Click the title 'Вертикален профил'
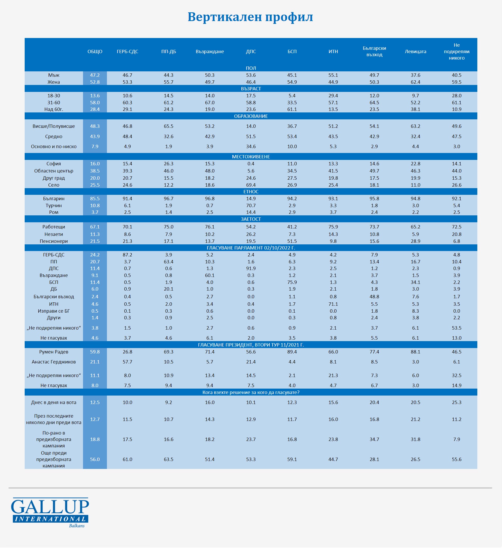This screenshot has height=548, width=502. tap(250, 17)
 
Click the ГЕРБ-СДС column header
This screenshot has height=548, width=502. tap(127, 52)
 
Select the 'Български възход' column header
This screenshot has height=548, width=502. tap(374, 51)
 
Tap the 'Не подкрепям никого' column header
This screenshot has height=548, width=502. tap(457, 52)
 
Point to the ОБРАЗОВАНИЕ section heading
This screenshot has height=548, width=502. tap(251, 116)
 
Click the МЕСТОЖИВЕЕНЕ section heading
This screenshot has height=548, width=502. tap(251, 157)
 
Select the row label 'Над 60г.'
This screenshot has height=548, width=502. tap(54, 109)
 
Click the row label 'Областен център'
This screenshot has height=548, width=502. tap(54, 171)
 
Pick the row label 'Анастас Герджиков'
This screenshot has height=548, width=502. tap(54, 362)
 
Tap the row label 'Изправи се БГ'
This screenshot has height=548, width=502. tap(54, 311)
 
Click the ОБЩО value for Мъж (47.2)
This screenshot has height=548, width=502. tap(95, 75)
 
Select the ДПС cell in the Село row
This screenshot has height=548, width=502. tap(251, 185)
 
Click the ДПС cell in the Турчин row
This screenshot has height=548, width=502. tap(251, 206)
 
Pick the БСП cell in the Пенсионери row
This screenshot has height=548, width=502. tap(292, 241)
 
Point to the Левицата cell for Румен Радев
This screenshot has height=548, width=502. tap(415, 352)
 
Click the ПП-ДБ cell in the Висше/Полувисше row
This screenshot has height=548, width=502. tap(169, 126)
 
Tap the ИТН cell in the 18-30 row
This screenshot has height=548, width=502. tap(333, 96)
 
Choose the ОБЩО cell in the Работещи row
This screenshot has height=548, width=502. tap(95, 227)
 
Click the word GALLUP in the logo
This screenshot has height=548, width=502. tap(50, 506)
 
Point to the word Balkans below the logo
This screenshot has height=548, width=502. tap(77, 526)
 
